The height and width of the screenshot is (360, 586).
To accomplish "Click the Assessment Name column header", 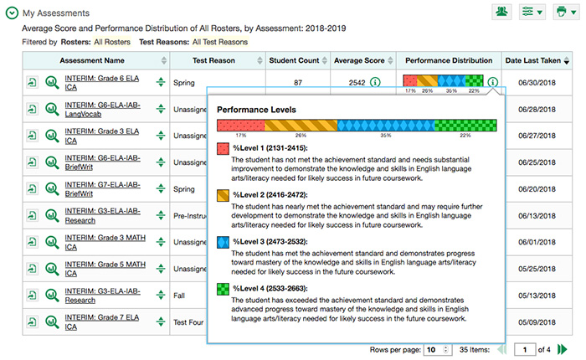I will pos(91,60).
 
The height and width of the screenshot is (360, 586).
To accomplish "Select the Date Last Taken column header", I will pos(533,60).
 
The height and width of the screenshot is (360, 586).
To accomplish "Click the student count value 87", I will pos(298,83).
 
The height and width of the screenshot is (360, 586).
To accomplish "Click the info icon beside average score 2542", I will pos(375,83).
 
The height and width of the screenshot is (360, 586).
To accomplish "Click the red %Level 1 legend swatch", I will pos(223,148).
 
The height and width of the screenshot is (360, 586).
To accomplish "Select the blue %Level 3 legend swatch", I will pos(223,241).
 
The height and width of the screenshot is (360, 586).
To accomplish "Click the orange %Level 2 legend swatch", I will pos(223,194).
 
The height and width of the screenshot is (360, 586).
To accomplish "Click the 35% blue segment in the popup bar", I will pos(386,125).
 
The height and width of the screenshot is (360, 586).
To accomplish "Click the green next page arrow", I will pos(563,349).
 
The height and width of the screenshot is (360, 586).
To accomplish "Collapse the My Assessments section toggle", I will pos(13,14).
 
